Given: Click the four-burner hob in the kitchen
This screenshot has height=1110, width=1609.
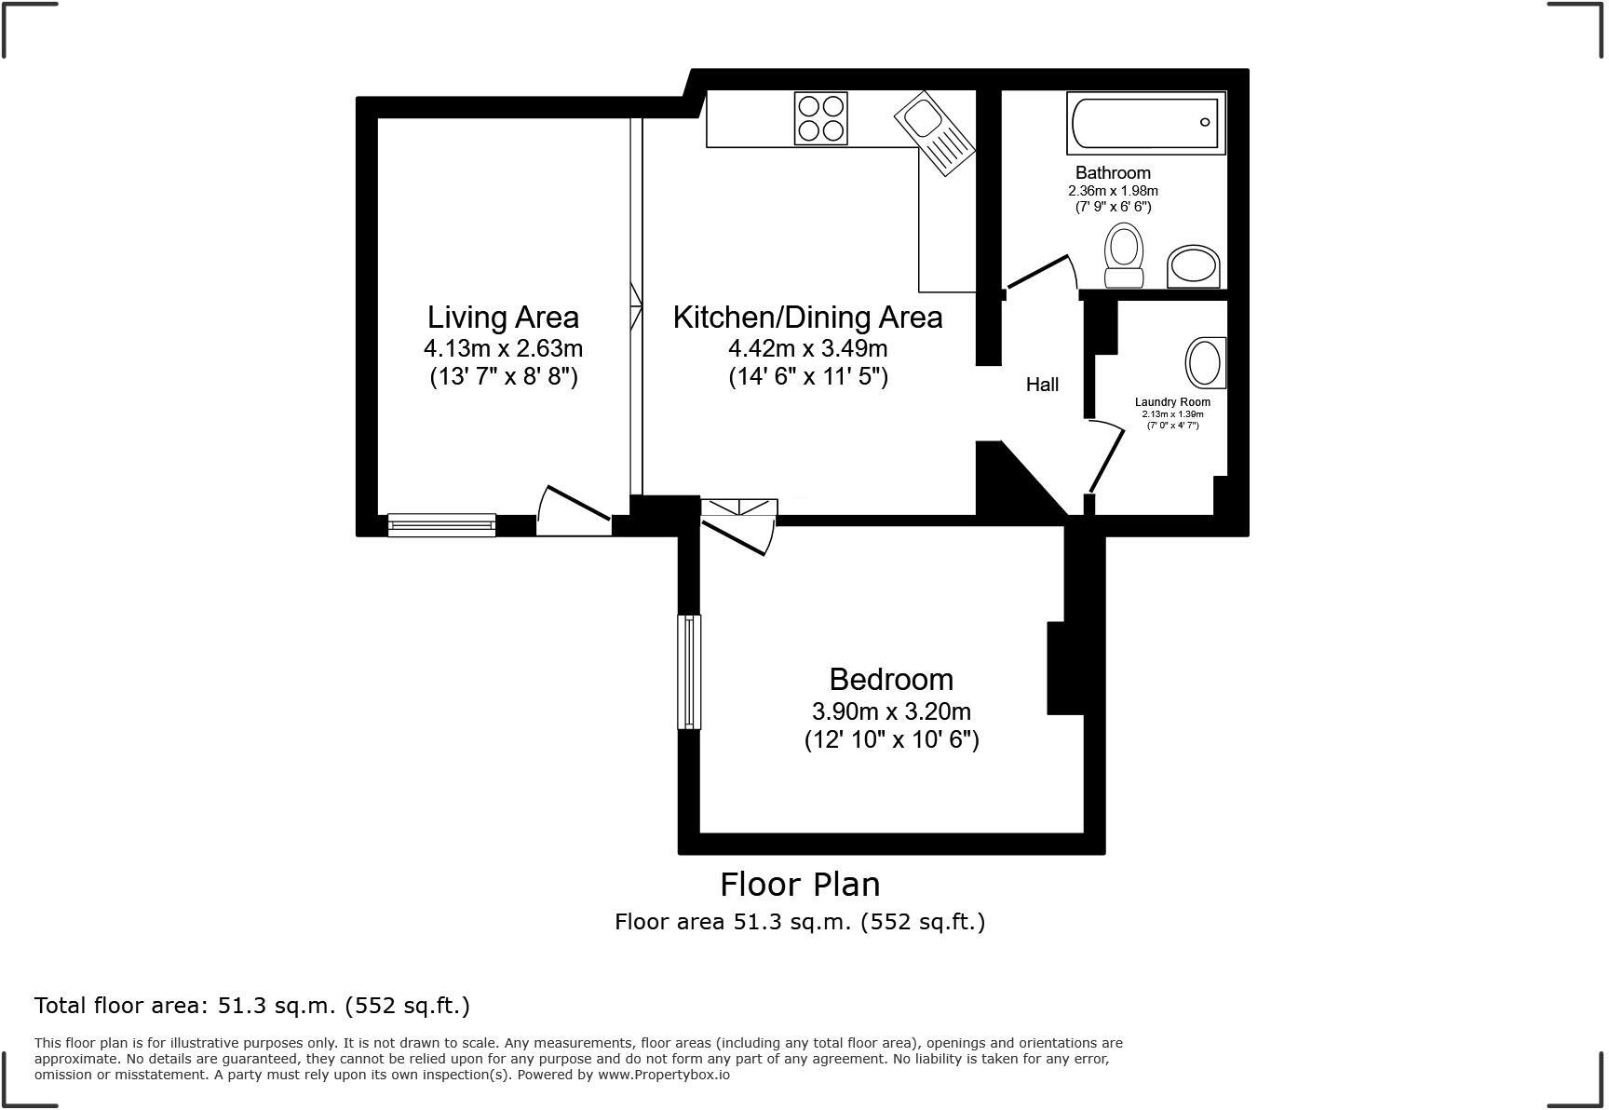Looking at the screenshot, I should (820, 118).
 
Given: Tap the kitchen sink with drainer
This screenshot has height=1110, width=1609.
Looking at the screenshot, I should (934, 133).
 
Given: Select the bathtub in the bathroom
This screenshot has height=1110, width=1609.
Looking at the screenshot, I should (1145, 123).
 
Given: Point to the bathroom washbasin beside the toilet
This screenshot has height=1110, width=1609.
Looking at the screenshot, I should (1193, 266).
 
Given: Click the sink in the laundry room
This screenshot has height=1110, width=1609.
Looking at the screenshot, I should (1205, 362).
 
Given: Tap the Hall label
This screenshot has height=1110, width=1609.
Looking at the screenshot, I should (1042, 385).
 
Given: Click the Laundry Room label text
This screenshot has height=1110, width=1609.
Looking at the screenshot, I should (1172, 402).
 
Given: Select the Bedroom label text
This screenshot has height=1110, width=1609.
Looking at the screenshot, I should (891, 679).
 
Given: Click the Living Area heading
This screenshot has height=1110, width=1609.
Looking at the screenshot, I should (503, 318).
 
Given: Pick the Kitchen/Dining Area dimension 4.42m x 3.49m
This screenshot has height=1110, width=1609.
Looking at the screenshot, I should (807, 349).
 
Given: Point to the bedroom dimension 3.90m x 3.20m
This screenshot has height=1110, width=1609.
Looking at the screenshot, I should (891, 712).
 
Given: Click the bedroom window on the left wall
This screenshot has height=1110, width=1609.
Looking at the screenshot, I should (689, 671).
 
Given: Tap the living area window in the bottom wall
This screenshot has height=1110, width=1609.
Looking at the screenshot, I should (441, 525).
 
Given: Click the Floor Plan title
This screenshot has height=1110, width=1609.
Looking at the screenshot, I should (799, 884).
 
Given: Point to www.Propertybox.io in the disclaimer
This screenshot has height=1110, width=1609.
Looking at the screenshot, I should (663, 1075).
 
